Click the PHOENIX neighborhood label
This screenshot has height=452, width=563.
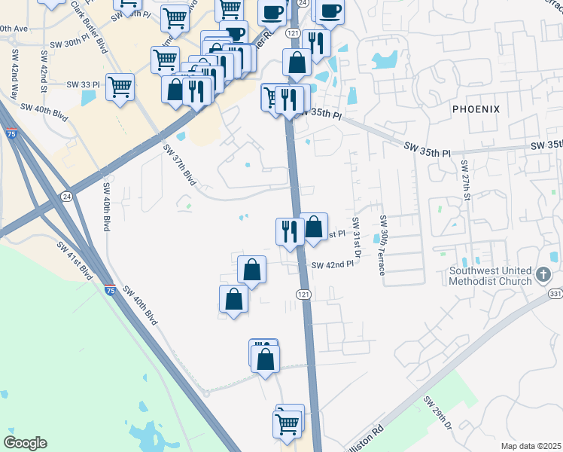476,109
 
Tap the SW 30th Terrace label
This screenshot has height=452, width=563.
383,245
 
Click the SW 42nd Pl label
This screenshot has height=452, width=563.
332,265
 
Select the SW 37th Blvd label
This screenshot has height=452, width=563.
179,166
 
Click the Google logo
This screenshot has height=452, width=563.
25,443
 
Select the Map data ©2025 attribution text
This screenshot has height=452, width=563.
530,446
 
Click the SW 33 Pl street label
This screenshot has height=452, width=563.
84,84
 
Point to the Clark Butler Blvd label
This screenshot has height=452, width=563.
88,26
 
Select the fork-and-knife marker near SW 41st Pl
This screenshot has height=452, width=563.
288,230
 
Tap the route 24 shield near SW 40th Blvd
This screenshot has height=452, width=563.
67,197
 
